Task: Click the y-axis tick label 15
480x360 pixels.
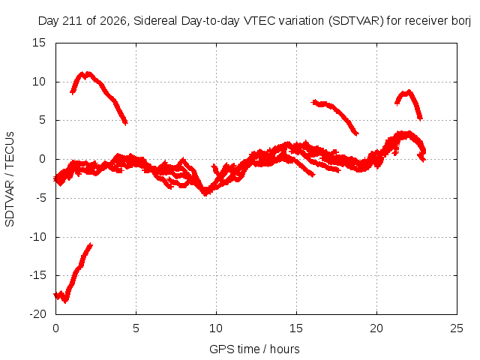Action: (x=39, y=43)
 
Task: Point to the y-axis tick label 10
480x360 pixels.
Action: (x=39, y=82)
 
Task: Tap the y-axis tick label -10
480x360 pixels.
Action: (x=37, y=237)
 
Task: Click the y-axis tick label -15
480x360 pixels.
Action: (x=37, y=275)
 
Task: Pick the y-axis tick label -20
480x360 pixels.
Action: (x=37, y=314)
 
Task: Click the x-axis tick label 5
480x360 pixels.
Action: (x=136, y=328)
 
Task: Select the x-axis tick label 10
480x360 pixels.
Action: (x=216, y=328)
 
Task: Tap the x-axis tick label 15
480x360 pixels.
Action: (x=296, y=328)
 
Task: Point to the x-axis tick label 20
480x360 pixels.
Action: (x=376, y=328)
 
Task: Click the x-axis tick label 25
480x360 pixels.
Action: (x=457, y=328)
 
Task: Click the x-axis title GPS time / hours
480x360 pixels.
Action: (x=254, y=349)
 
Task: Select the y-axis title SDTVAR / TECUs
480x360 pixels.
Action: (x=10, y=179)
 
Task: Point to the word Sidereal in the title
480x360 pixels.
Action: (x=155, y=21)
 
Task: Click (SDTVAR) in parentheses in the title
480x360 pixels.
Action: (x=356, y=21)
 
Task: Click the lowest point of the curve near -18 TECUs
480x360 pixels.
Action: (x=65, y=301)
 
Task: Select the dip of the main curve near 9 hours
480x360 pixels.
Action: (x=205, y=193)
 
